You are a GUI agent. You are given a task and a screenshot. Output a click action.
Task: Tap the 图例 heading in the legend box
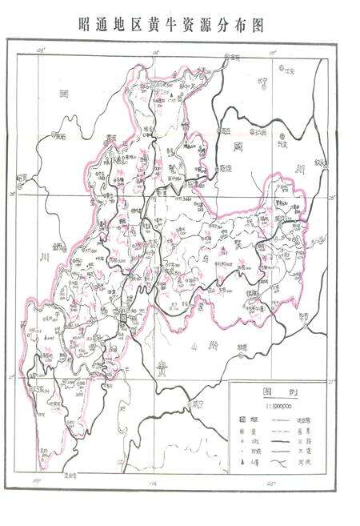pos(275,393)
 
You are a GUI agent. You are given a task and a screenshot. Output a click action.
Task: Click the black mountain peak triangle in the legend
pos(242,463)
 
